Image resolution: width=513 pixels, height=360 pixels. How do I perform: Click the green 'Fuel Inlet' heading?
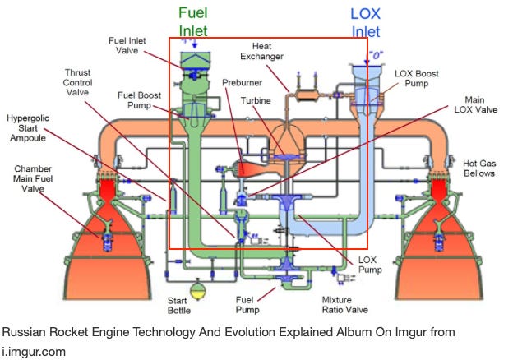click(x=193, y=21)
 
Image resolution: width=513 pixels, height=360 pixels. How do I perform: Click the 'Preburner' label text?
click(x=242, y=83)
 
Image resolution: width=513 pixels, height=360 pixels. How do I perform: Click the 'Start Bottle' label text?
click(x=179, y=306)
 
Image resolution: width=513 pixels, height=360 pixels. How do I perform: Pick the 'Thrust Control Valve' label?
click(x=78, y=83)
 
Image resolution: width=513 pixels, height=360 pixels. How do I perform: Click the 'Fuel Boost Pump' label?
click(x=141, y=99)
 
